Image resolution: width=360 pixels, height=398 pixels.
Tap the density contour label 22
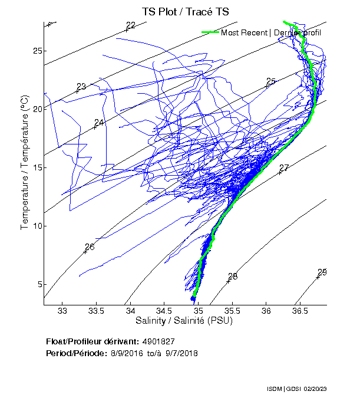(131, 25)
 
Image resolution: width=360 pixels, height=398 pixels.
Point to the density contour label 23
(81, 87)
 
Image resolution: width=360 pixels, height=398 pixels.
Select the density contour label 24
(99, 123)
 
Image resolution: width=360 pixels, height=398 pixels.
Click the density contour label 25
(271, 81)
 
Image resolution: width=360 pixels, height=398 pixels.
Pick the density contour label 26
(90, 247)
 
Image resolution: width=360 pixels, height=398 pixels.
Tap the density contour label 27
(284, 168)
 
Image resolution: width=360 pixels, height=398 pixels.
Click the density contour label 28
(233, 277)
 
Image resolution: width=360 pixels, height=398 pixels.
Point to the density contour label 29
(322, 272)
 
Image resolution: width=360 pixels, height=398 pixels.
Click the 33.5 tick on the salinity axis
(96, 311)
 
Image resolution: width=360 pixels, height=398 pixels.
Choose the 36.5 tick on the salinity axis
(300, 311)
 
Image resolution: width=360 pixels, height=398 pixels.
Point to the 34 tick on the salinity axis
(130, 311)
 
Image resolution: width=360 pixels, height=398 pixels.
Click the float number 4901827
(158, 341)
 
